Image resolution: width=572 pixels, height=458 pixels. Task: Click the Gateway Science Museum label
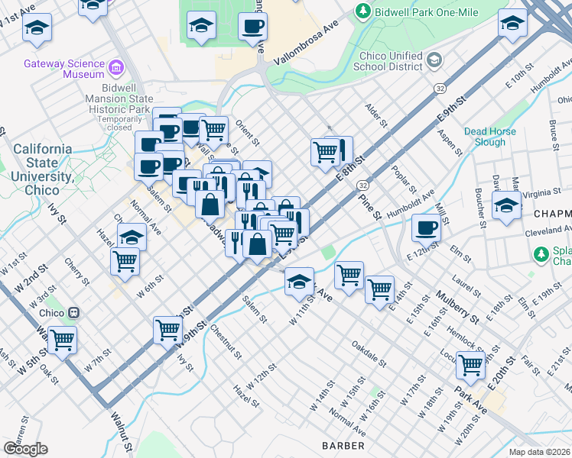pos(64,69)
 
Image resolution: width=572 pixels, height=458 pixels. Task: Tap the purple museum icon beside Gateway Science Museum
pos(116,68)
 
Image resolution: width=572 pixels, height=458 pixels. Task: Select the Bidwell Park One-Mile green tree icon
pos(362,11)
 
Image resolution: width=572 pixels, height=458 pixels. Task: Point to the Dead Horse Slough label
pos(489,137)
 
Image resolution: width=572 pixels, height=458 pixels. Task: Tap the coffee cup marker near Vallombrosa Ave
pos(252,28)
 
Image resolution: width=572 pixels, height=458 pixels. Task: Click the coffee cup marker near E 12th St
pos(427,227)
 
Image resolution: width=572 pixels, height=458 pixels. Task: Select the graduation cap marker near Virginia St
pos(506,205)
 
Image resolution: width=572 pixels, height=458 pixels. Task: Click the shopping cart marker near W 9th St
pos(167,330)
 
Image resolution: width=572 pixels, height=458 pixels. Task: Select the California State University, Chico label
pos(42,163)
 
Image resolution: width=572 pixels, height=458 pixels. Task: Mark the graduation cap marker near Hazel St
pos(132,236)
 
